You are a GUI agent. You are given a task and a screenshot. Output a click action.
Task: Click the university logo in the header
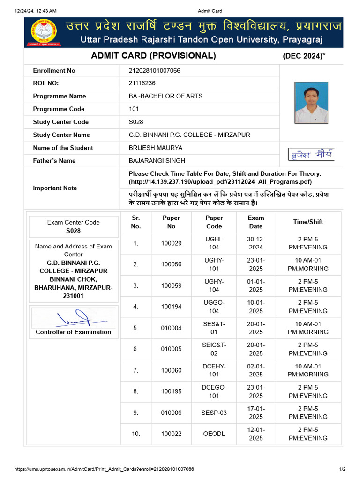click(x=43, y=32)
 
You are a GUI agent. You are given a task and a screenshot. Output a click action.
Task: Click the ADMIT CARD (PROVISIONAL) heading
click(x=153, y=56)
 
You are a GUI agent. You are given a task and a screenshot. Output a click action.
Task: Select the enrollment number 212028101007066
click(x=154, y=71)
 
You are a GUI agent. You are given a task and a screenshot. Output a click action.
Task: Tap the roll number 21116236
click(x=142, y=83)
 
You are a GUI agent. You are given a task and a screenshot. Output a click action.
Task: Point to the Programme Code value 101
click(x=134, y=109)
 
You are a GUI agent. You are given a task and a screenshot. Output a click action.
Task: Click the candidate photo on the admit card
click(x=311, y=103)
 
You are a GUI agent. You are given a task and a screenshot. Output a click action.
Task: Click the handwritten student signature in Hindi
click(x=311, y=154)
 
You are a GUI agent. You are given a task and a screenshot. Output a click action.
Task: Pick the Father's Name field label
click(x=54, y=161)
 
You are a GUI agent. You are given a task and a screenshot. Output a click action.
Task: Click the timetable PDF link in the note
click(x=220, y=182)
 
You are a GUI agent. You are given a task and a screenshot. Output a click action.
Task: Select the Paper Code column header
click(x=214, y=222)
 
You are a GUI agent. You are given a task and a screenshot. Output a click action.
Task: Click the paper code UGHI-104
click(x=214, y=243)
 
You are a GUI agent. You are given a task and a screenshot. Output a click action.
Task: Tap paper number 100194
click(x=171, y=307)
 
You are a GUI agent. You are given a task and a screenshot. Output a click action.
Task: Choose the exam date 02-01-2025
click(x=256, y=370)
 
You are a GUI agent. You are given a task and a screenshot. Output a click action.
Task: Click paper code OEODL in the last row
click(x=214, y=434)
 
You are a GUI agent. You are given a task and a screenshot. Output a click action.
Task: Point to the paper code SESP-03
click(x=214, y=412)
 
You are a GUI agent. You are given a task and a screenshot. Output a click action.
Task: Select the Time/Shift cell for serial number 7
click(x=308, y=370)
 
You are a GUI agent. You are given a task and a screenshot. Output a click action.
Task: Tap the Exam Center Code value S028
click(x=73, y=231)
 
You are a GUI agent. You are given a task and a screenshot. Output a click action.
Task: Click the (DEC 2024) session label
click(x=304, y=56)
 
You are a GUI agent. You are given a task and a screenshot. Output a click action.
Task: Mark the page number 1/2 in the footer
click(x=342, y=469)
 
